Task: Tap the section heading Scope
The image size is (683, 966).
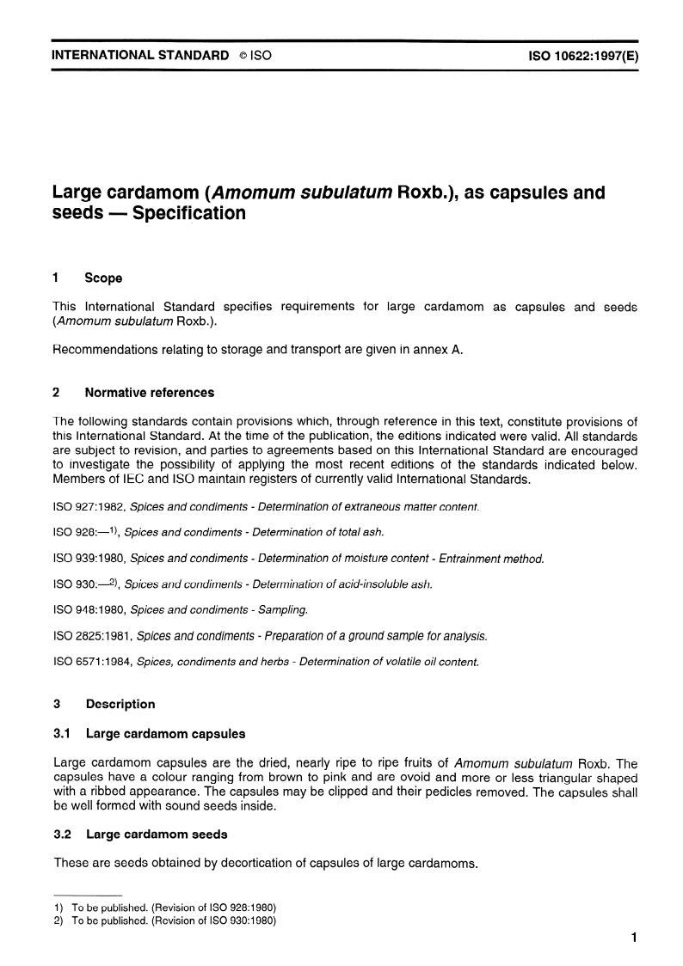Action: click(x=103, y=278)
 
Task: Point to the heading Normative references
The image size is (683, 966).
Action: click(x=150, y=393)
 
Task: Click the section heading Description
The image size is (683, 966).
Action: click(x=120, y=704)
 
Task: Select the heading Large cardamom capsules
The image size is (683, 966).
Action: click(x=165, y=734)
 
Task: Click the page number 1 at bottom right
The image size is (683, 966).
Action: click(x=632, y=938)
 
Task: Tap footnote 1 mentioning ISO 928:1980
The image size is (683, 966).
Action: click(x=163, y=908)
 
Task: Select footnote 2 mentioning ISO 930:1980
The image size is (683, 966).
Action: click(x=163, y=920)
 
